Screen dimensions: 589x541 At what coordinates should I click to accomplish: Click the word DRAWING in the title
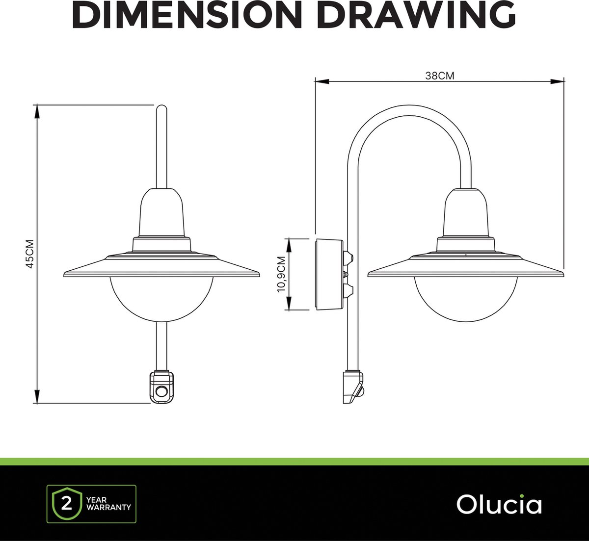[x=416, y=14]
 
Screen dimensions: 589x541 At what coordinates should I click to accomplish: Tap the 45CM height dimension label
[x=30, y=254]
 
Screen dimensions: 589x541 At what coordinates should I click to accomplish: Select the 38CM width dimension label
[x=440, y=76]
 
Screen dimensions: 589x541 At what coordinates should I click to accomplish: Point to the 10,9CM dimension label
[x=281, y=274]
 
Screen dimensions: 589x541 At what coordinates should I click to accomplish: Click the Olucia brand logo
[x=499, y=504]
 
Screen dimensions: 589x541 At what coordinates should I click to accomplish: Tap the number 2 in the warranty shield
[x=67, y=504]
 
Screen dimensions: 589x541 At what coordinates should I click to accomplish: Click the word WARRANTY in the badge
[x=108, y=507]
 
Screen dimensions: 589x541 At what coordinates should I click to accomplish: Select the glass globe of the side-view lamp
[x=466, y=299]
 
